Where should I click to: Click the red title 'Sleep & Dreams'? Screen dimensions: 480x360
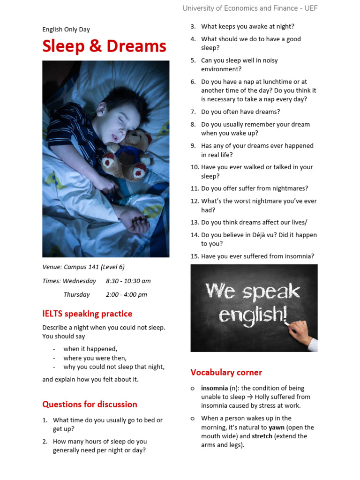tap(104, 46)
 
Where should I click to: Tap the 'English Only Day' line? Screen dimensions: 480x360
tap(66, 30)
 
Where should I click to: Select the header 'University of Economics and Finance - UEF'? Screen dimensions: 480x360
tap(250, 8)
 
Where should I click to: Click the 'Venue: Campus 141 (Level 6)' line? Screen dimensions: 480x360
tap(83, 267)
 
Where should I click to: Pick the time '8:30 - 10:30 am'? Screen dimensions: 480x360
tap(128, 281)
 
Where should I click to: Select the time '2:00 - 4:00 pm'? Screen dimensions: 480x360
tap(126, 294)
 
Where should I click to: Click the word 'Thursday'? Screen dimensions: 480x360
tap(76, 294)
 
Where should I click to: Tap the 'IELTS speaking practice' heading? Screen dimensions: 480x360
tap(87, 314)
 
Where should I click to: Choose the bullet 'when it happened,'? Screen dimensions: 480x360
tap(90, 349)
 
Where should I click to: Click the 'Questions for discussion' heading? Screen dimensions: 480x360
tap(90, 404)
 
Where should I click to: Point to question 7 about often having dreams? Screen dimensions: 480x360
tap(240, 112)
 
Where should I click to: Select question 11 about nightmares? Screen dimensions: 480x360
tap(255, 188)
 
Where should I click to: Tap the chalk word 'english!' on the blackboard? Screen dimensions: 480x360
tap(253, 315)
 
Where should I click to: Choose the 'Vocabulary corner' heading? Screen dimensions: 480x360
tap(226, 372)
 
